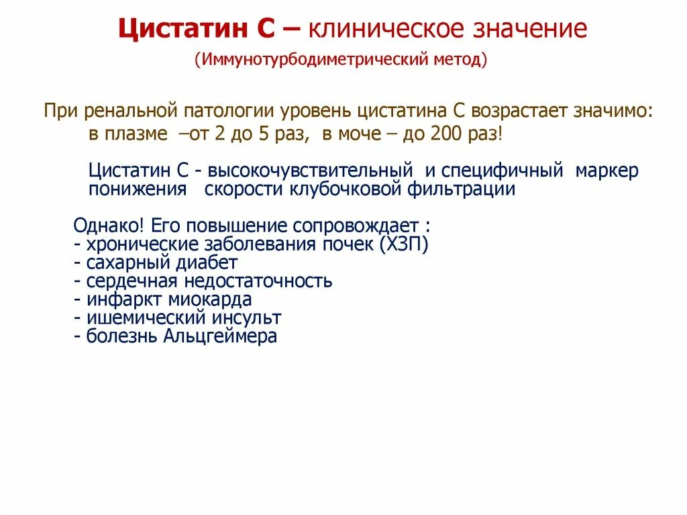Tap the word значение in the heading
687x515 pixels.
pyautogui.click(x=530, y=30)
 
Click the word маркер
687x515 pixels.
pyautogui.click(x=607, y=171)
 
